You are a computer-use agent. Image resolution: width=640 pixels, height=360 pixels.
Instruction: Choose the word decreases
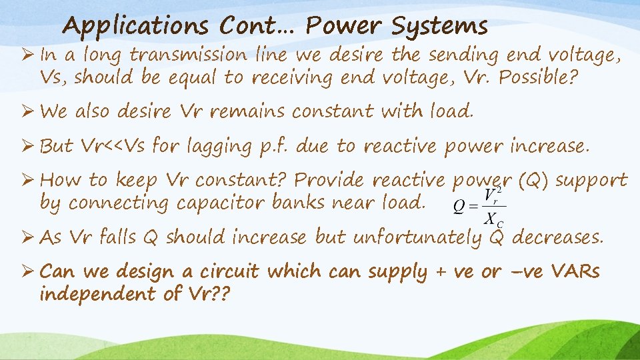pos(557,237)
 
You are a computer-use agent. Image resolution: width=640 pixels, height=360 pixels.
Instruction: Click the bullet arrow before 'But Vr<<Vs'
pos(29,145)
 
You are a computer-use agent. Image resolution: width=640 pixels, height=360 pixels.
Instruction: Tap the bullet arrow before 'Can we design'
pos(29,271)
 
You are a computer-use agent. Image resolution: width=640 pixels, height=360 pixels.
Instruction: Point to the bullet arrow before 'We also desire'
pos(29,111)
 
